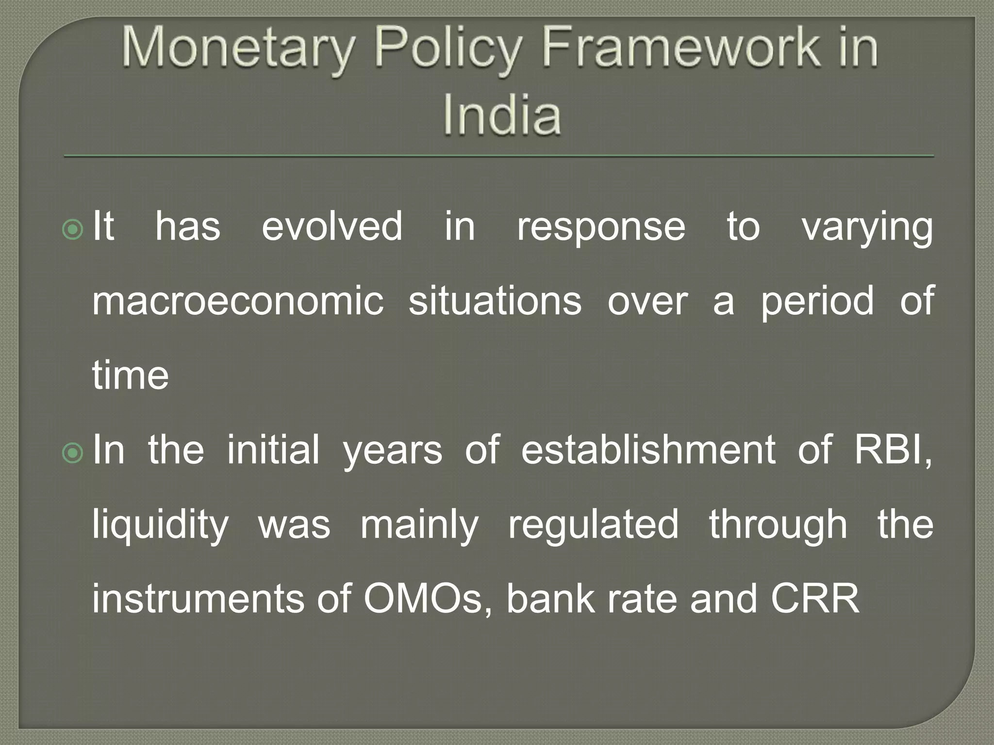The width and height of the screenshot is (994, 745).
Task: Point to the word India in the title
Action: pyautogui.click(x=502, y=114)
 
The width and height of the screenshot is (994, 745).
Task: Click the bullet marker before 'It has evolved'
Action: pyautogui.click(x=73, y=229)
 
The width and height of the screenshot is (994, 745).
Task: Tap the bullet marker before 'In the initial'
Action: pyautogui.click(x=73, y=453)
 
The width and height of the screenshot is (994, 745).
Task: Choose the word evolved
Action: pyautogui.click(x=332, y=226)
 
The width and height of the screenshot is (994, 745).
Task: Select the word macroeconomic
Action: pyautogui.click(x=238, y=301)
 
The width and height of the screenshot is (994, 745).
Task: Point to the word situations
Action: pyautogui.click(x=495, y=301)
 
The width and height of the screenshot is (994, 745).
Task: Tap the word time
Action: pyautogui.click(x=130, y=375)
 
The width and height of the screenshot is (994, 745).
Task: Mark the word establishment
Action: pyautogui.click(x=648, y=450)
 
